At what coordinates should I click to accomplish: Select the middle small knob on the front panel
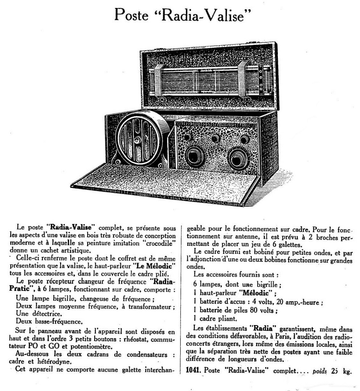click(x=216, y=138)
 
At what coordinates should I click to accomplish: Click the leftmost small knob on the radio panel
click(x=187, y=137)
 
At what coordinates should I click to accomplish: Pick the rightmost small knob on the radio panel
click(x=245, y=139)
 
